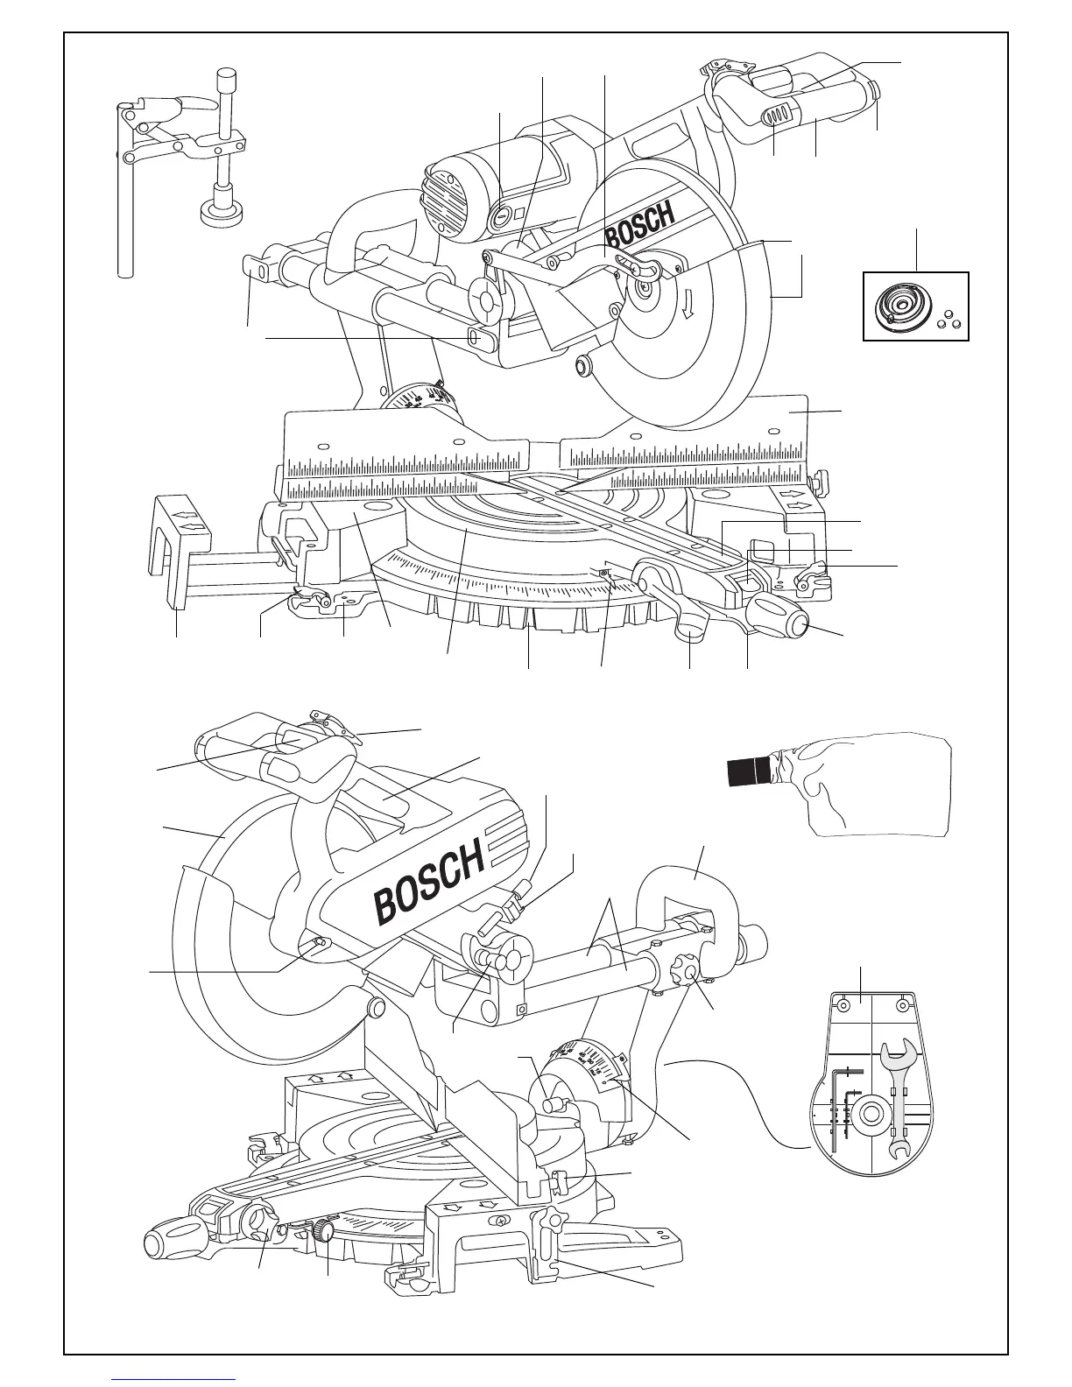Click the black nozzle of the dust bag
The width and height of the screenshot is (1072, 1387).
point(750,771)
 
